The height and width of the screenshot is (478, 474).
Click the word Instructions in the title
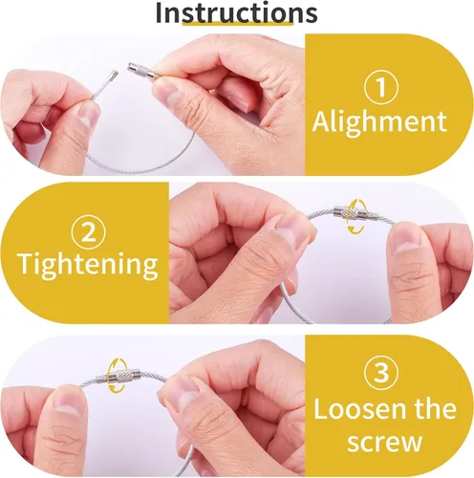click(237, 12)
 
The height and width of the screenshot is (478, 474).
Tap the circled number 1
click(381, 88)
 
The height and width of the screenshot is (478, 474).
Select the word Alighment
click(379, 122)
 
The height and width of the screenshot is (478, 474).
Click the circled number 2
click(89, 232)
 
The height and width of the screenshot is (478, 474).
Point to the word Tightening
click(89, 264)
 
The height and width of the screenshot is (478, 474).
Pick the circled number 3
click(381, 373)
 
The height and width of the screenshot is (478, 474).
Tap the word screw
click(385, 442)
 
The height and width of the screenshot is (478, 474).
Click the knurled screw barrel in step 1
click(141, 72)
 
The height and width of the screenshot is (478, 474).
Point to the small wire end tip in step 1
click(114, 76)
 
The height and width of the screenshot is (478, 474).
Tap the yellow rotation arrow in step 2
click(356, 217)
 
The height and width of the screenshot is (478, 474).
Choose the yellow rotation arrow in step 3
click(117, 375)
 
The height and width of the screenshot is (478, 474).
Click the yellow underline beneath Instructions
click(238, 23)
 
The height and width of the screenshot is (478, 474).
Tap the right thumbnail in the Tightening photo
click(405, 240)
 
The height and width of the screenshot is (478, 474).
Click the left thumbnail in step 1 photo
click(88, 114)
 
